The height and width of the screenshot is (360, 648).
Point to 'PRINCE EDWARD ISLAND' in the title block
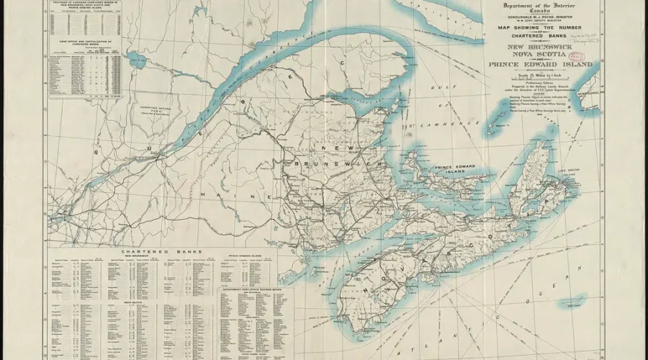click(x=541, y=65)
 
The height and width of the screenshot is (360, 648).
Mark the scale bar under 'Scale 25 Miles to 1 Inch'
click(x=540, y=79)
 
